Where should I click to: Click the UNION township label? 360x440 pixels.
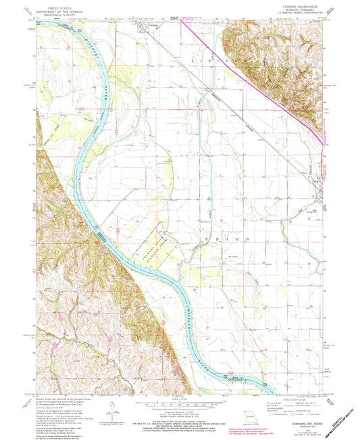click(226, 239)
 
